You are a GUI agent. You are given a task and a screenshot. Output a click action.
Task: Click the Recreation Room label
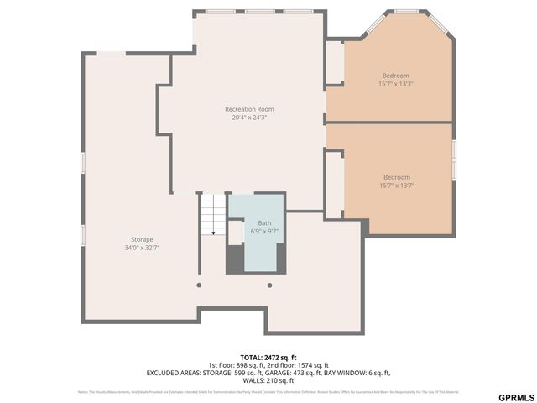coord(249,109)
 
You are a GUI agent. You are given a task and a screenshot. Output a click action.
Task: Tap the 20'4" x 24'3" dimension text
coord(249,118)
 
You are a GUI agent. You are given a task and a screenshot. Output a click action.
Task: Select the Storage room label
coord(141,239)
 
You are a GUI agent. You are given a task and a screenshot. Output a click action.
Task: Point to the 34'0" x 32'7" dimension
coord(141,248)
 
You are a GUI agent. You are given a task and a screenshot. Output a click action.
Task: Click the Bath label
coord(264,222)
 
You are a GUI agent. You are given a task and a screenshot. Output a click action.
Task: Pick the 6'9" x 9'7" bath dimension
coord(264,231)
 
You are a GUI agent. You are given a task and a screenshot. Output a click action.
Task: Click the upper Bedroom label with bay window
coord(396,76)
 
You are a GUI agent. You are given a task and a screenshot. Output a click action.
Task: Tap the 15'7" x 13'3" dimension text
coord(396,84)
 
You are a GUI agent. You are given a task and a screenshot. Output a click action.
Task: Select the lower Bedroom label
coord(397,177)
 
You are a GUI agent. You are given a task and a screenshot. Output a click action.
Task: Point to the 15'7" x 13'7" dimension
coord(397,186)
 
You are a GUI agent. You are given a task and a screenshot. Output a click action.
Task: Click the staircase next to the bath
coord(213,214)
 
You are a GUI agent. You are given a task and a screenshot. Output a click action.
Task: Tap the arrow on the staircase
coord(214,230)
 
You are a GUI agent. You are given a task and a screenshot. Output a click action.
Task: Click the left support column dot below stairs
coord(199,285)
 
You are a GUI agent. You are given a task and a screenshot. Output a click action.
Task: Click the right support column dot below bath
coord(269,285)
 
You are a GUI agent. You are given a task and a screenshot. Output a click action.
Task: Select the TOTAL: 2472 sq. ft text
coord(268,357)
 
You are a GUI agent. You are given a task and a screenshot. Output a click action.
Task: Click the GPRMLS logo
coord(515,396)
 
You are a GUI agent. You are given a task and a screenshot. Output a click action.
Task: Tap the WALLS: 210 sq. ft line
coord(268,379)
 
